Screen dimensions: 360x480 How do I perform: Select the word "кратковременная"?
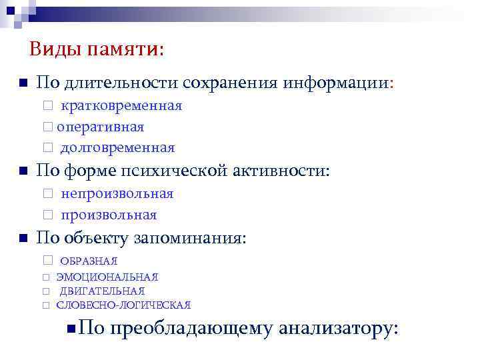point(122,106)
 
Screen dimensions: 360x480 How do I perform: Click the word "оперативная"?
point(100,127)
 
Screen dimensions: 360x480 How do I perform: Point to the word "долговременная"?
point(117,147)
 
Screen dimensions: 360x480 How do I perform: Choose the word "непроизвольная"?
point(117,194)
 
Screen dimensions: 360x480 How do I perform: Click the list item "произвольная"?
point(109,215)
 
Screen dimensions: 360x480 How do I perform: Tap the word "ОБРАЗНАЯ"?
point(89,261)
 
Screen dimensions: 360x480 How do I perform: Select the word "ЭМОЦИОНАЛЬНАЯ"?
point(107,277)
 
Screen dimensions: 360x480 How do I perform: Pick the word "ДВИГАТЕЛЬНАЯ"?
point(102,291)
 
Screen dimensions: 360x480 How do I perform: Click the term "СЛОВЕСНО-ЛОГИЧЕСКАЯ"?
point(124,305)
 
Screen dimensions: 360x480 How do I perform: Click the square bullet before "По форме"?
point(22,171)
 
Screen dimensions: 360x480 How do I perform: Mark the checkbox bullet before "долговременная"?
point(47,148)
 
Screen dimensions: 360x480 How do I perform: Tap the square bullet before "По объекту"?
point(22,239)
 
